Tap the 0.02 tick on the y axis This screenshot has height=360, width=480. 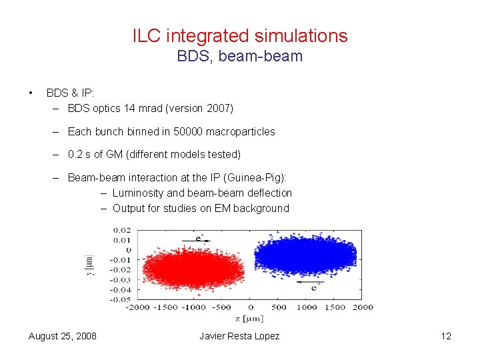[123, 231]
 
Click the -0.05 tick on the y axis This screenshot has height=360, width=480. [121, 299]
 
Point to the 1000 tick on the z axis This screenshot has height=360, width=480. [306, 307]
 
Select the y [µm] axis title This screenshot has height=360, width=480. [89, 265]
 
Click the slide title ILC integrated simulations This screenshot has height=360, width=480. [239, 35]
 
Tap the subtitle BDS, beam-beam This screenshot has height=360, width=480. [239, 57]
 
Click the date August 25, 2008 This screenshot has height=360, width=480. [63, 336]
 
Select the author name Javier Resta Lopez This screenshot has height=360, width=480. [239, 336]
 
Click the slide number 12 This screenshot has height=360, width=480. [446, 336]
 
